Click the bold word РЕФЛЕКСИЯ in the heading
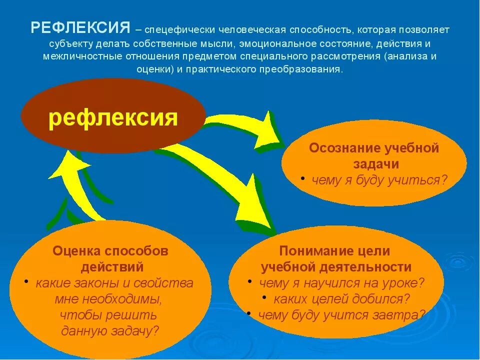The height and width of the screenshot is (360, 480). [80, 28]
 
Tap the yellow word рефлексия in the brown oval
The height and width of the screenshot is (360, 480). [113, 118]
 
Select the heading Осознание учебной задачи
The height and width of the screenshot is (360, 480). [373, 156]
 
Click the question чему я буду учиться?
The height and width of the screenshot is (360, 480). [378, 180]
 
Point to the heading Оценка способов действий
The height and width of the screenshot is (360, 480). [110, 258]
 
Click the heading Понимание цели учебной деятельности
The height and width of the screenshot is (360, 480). [336, 258]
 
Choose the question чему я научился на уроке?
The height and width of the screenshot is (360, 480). [341, 283]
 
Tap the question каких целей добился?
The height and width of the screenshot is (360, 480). [341, 299]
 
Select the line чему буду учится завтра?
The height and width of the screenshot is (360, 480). [341, 315]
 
